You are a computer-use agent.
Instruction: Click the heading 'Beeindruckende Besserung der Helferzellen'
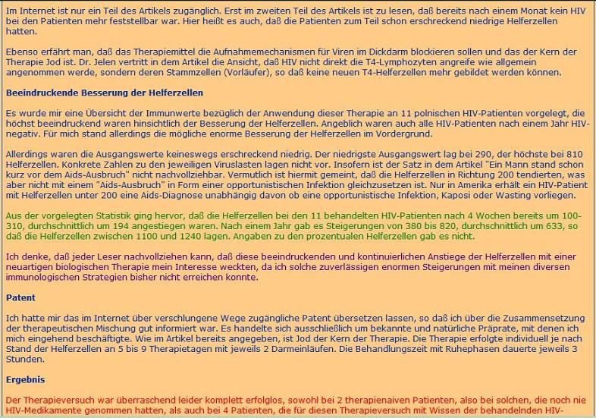click(104, 93)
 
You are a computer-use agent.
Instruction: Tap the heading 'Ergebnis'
click(25, 379)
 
